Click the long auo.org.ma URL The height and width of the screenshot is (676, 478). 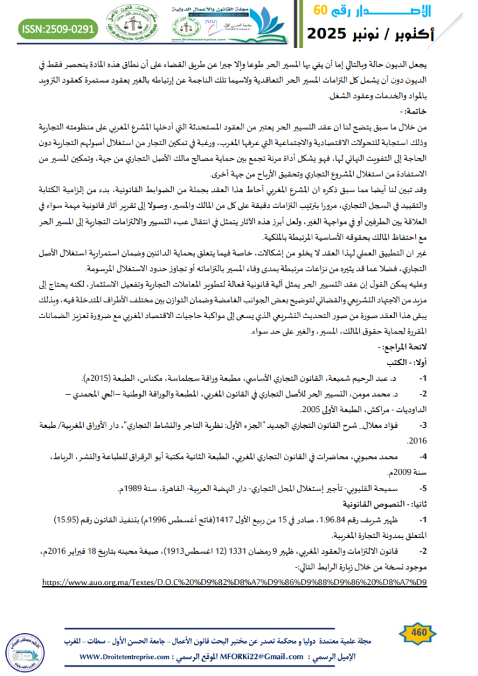pos(234,582)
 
